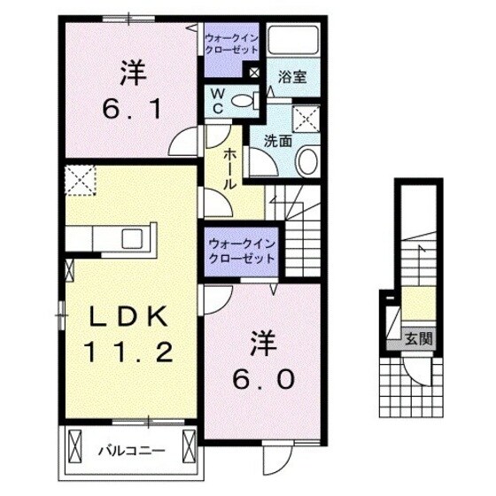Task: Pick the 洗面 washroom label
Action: tap(277, 139)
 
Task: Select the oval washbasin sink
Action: tap(306, 160)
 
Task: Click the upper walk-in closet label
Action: tap(229, 45)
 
